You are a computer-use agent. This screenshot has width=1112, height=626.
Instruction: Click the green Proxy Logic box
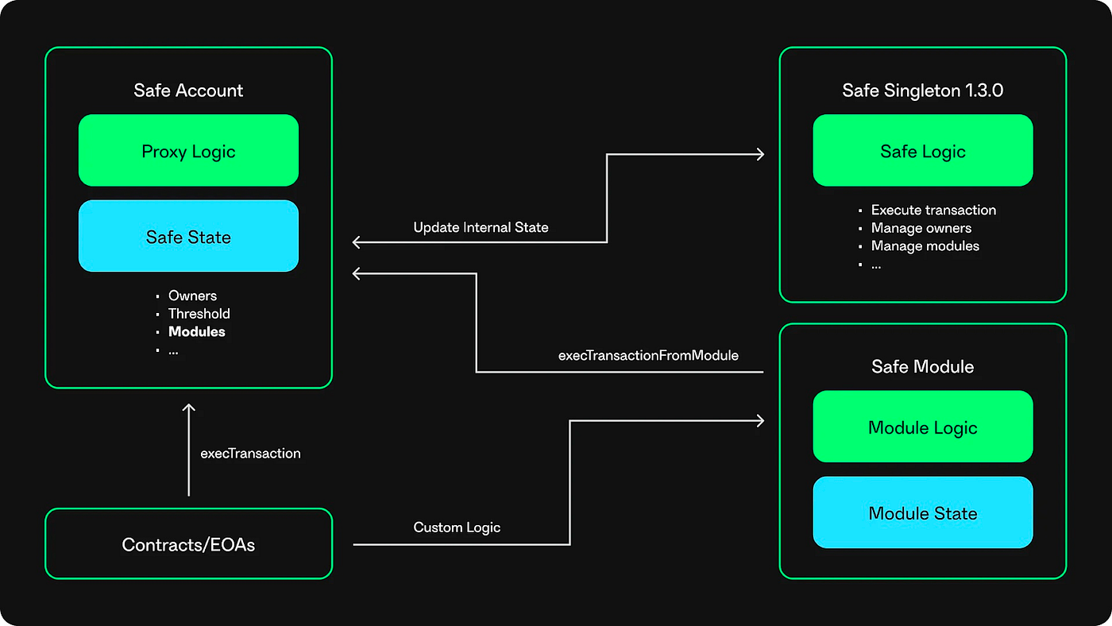click(x=189, y=150)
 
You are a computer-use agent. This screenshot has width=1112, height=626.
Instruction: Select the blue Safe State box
click(x=189, y=236)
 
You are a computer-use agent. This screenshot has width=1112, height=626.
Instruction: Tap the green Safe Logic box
click(x=923, y=150)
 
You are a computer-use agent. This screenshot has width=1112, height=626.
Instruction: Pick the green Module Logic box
click(x=923, y=427)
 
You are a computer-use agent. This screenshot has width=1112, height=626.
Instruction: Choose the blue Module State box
click(x=923, y=512)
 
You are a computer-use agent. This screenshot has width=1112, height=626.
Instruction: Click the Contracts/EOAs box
click(x=189, y=543)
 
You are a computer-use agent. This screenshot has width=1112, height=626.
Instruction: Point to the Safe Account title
click(x=188, y=91)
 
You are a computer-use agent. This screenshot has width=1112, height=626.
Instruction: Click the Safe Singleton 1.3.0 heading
click(x=923, y=91)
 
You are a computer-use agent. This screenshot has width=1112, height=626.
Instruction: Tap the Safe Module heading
click(x=923, y=366)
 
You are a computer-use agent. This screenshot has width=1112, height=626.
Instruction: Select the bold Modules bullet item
click(x=197, y=331)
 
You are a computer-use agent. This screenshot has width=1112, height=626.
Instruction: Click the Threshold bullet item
click(x=199, y=314)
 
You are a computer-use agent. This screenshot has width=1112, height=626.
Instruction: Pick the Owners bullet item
click(x=192, y=296)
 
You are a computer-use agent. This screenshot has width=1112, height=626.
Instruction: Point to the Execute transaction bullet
click(x=933, y=211)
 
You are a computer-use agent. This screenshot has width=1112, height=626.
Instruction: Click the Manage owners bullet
click(x=921, y=228)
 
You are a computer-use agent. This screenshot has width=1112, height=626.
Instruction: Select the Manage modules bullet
click(x=925, y=246)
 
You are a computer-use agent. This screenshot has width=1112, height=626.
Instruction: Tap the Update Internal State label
click(x=481, y=227)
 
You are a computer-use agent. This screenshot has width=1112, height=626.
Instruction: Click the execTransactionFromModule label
click(x=648, y=355)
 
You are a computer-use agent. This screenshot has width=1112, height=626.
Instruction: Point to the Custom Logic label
click(x=457, y=527)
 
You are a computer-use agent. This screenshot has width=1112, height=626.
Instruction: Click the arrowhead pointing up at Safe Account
click(x=189, y=408)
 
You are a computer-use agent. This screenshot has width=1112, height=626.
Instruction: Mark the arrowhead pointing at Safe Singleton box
click(x=760, y=154)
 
